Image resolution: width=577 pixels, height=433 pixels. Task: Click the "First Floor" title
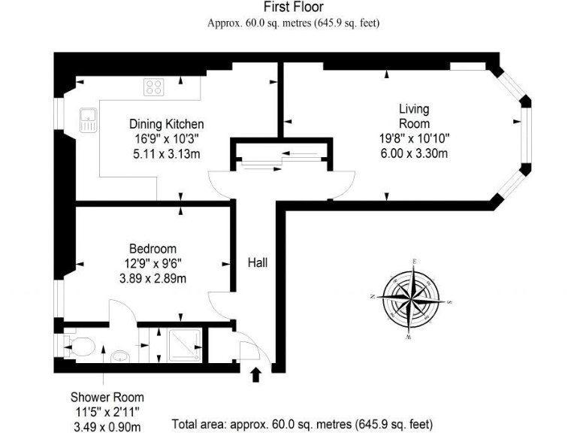pos(293,8)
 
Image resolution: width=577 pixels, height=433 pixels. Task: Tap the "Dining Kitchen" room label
pos(166,124)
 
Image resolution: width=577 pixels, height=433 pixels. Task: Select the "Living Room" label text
pos(414,117)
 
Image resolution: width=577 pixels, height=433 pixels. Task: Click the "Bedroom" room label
pos(153,249)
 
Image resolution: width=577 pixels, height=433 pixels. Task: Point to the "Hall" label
pos(258,263)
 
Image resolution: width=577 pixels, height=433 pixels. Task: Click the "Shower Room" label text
pos(107,397)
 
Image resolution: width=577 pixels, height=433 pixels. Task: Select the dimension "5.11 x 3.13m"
pos(166,154)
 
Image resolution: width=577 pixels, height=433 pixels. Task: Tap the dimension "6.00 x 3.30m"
pos(414,154)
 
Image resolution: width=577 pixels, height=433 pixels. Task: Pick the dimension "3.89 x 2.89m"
pos(153,279)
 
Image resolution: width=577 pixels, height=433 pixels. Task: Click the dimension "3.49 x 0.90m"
pos(107,426)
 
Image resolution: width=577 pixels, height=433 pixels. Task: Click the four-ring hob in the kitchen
pos(155,87)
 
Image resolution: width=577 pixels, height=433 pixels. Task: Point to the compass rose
pos(412,298)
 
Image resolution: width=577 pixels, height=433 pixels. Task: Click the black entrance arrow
pos(255,374)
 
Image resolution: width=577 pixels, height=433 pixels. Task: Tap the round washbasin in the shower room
pos(119,356)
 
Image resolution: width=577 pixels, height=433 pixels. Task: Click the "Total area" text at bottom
pos(302,424)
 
